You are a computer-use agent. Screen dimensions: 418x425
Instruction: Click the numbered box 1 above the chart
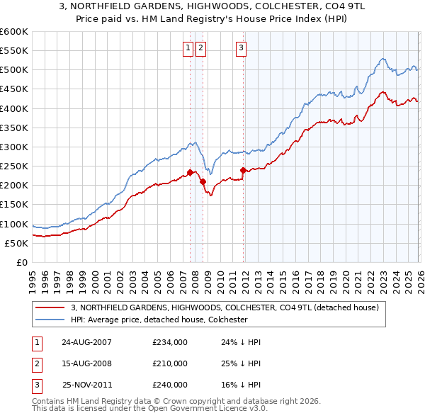[188, 48]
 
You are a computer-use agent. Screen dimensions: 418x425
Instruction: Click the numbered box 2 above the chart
[201, 48]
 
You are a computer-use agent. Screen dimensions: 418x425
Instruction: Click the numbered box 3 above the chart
[241, 48]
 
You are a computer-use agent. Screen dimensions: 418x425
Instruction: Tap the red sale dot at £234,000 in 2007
[191, 172]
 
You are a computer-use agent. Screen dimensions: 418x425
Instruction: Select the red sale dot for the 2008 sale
[203, 181]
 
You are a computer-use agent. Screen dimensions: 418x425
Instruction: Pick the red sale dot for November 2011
[244, 170]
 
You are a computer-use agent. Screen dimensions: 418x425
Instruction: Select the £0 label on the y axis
[21, 263]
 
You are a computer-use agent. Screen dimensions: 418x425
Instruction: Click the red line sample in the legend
[50, 307]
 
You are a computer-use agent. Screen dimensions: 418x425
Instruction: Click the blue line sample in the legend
[50, 320]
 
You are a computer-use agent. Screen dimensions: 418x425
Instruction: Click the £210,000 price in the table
[170, 363]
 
